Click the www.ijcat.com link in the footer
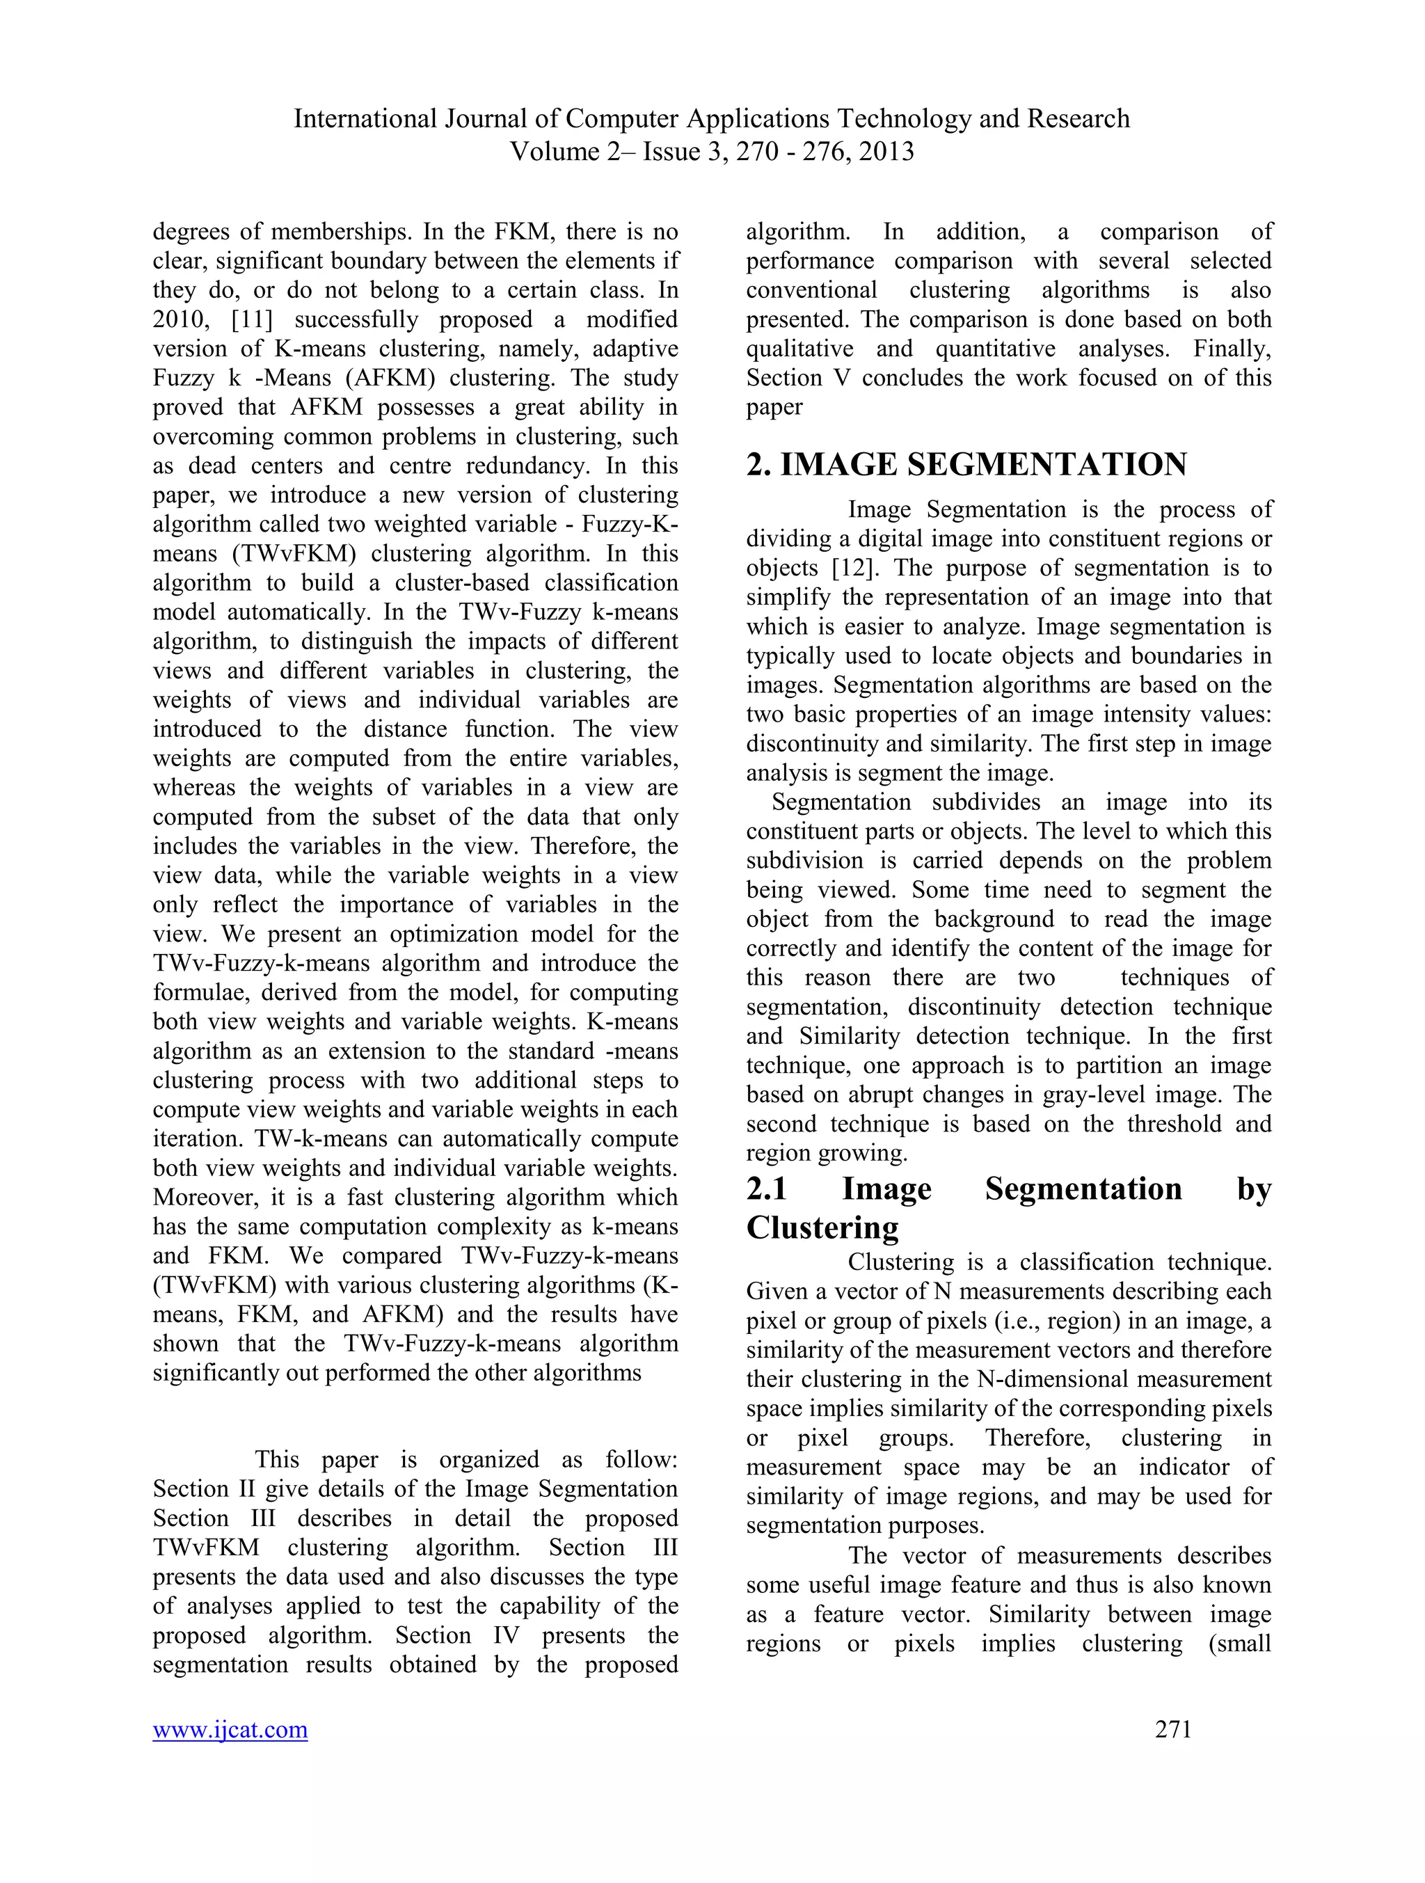pos(230,1729)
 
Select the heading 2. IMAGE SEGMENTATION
pos(966,465)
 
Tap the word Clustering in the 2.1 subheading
pos(822,1227)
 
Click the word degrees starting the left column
pos(202,232)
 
